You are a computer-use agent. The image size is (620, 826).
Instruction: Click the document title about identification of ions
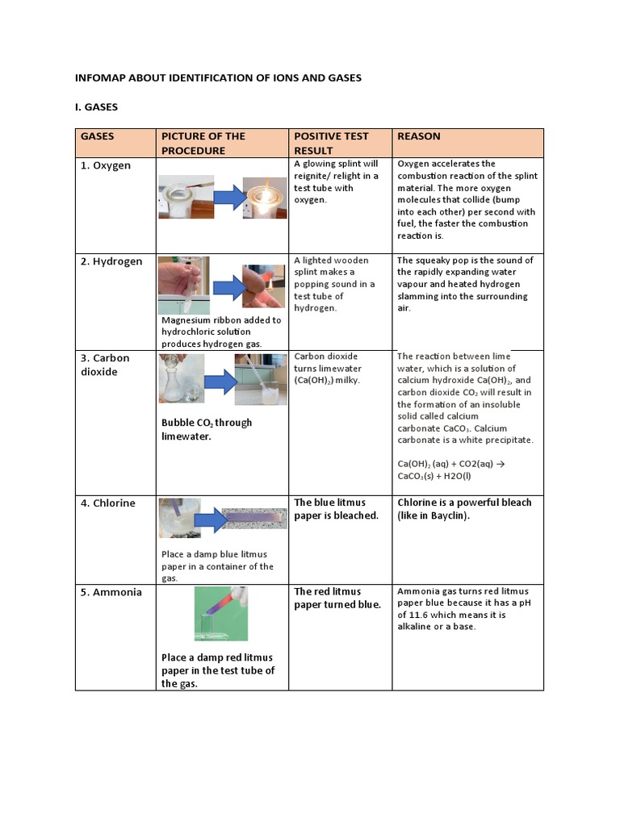pyautogui.click(x=218, y=78)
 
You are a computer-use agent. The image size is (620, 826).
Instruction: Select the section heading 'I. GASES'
pyautogui.click(x=96, y=106)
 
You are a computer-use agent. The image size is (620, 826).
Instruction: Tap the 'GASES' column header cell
pyautogui.click(x=97, y=136)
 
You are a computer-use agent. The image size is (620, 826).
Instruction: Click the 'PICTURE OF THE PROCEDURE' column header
pyautogui.click(x=203, y=143)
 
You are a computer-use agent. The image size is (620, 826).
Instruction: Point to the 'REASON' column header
pyautogui.click(x=418, y=136)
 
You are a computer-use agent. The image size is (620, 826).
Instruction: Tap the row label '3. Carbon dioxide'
pyautogui.click(x=106, y=365)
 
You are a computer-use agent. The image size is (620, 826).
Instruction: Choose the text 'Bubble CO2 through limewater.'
pyautogui.click(x=207, y=429)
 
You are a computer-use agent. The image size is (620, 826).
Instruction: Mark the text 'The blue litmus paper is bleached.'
pyautogui.click(x=337, y=509)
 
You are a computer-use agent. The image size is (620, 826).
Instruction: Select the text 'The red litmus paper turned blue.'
pyautogui.click(x=337, y=598)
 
